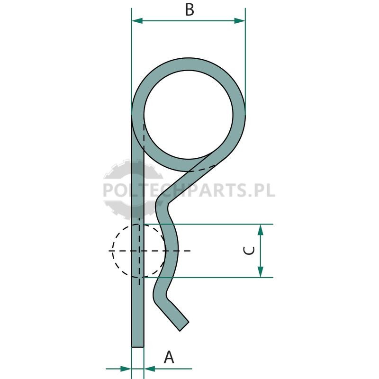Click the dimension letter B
pos(189,10)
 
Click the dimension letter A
pos(169,357)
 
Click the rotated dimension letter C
pos(249,251)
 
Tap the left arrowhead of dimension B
pos(137,21)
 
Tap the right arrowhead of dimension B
pos(240,21)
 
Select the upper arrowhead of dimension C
pos(260,230)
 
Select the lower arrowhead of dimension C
pos(260,272)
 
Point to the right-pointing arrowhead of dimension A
pos(126,369)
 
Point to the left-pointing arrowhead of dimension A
pos(149,369)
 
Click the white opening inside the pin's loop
pos(189,115)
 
